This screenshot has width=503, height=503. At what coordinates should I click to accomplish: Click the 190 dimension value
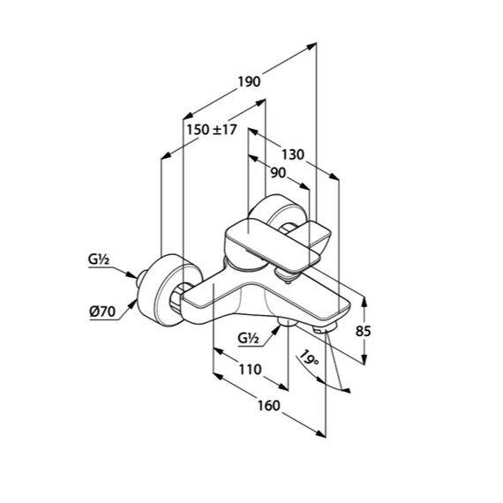[249, 82]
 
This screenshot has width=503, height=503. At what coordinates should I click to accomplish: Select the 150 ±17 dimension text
[212, 130]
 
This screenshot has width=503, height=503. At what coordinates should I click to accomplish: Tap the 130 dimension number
[293, 155]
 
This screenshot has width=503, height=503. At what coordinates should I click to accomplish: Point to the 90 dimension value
[278, 173]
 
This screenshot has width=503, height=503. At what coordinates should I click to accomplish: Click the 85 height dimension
[364, 331]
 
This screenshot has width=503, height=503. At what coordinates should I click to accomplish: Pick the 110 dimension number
[251, 370]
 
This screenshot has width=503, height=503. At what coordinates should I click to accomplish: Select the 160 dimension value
[268, 406]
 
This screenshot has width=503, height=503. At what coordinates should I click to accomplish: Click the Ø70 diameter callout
[102, 312]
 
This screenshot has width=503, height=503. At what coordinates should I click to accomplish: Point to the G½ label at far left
[99, 259]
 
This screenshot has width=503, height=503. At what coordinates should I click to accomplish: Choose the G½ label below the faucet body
[248, 338]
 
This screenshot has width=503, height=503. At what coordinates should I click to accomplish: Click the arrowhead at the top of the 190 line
[312, 46]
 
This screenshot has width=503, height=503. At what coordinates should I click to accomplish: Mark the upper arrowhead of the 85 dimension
[364, 301]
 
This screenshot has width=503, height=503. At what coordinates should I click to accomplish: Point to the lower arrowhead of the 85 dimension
[364, 360]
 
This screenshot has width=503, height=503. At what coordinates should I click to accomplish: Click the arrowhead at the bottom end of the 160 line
[321, 433]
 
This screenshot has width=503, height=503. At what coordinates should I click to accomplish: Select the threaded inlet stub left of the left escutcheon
[141, 279]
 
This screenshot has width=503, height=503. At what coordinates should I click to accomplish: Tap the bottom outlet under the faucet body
[288, 321]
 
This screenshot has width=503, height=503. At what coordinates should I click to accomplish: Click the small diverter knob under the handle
[286, 275]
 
